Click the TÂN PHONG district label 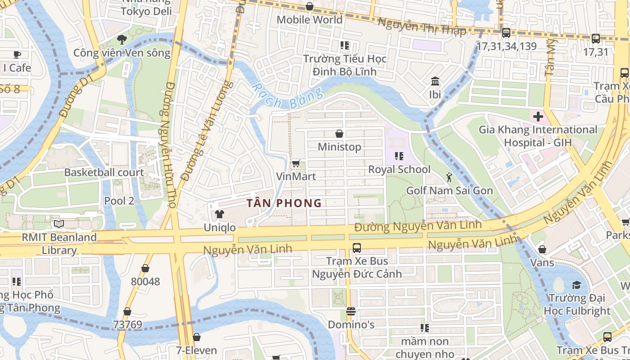tap(284, 203)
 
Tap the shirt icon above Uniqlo tap(219, 214)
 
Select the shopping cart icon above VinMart tap(296, 163)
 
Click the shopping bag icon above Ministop tap(339, 134)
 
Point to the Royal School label tap(399, 170)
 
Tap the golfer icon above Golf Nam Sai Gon tap(449, 177)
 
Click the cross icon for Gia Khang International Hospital tap(538, 117)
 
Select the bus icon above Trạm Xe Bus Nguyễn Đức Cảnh tap(357, 247)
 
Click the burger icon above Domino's tap(351, 311)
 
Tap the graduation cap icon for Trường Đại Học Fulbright tap(576, 285)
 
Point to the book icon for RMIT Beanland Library tap(59, 224)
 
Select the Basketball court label tap(104, 172)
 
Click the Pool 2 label tap(119, 201)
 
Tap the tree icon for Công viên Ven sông tap(121, 40)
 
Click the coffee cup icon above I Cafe tap(17, 54)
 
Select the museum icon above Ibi tap(435, 81)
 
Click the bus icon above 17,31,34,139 tap(506, 33)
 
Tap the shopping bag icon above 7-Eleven tap(196, 337)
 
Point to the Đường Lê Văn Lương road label tap(207, 130)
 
